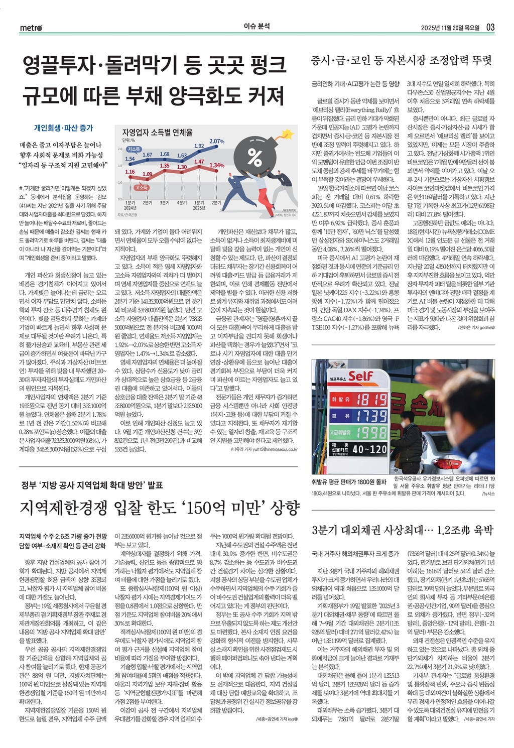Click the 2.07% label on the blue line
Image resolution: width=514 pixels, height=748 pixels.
217,141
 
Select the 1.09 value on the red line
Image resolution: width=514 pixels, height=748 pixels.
147,174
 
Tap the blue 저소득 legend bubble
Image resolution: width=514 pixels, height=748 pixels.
134,149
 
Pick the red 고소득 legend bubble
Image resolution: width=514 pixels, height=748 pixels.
142,187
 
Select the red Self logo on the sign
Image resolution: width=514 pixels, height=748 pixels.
360,376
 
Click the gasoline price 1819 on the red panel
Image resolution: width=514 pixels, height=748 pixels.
372,400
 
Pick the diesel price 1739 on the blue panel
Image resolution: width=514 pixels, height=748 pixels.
372,416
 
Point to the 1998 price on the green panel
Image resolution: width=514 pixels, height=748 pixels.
372,432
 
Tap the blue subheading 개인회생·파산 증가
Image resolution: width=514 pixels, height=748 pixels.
63,128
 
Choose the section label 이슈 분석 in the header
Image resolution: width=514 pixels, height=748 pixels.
256,27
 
